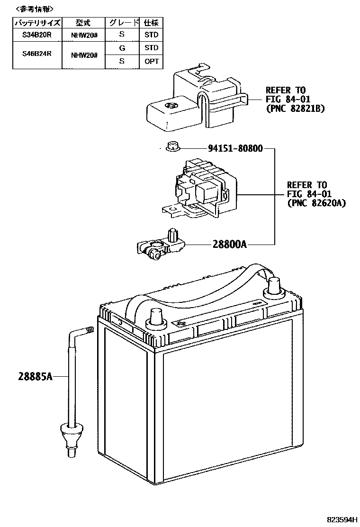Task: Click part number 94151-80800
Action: tap(235, 148)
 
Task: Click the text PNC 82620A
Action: tap(316, 203)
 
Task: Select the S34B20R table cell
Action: tap(37, 35)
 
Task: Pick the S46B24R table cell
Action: tap(37, 54)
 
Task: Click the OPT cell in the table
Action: tap(152, 61)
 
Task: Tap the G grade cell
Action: tap(122, 48)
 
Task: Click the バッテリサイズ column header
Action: tap(37, 22)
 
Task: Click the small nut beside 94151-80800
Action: tap(172, 147)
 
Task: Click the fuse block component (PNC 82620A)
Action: tap(201, 190)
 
